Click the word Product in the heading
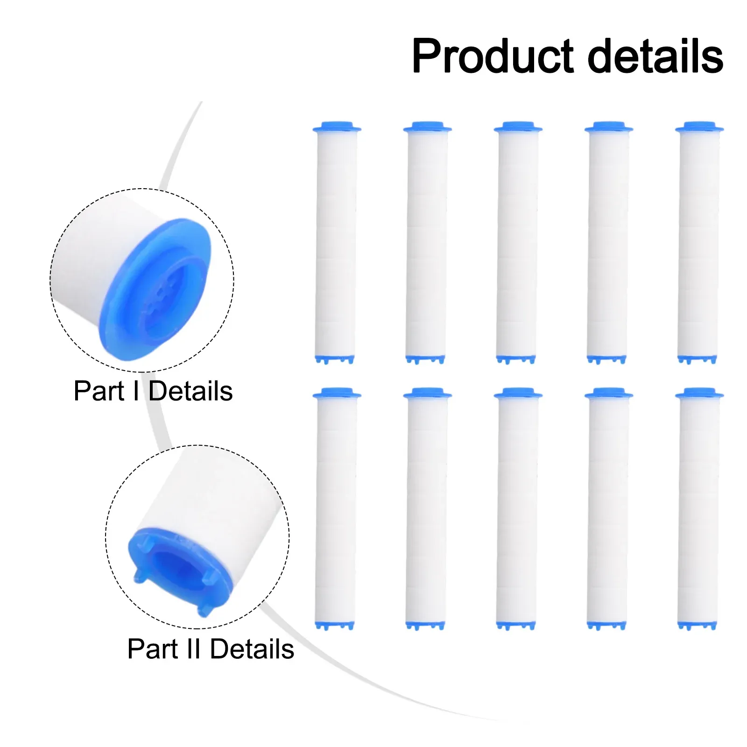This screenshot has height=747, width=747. (493, 57)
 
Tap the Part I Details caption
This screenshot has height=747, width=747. (153, 391)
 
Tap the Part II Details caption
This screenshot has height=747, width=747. (211, 649)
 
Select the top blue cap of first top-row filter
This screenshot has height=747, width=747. (337, 127)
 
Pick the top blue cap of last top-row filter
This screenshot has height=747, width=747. (699, 127)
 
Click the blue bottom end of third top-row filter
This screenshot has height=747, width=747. (516, 359)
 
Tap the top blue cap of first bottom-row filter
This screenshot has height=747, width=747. (337, 393)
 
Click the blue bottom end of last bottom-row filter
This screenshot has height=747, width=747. (697, 626)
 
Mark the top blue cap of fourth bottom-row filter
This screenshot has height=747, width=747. (609, 393)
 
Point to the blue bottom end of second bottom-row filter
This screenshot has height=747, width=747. (425, 626)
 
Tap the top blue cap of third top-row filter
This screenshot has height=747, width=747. (518, 127)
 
